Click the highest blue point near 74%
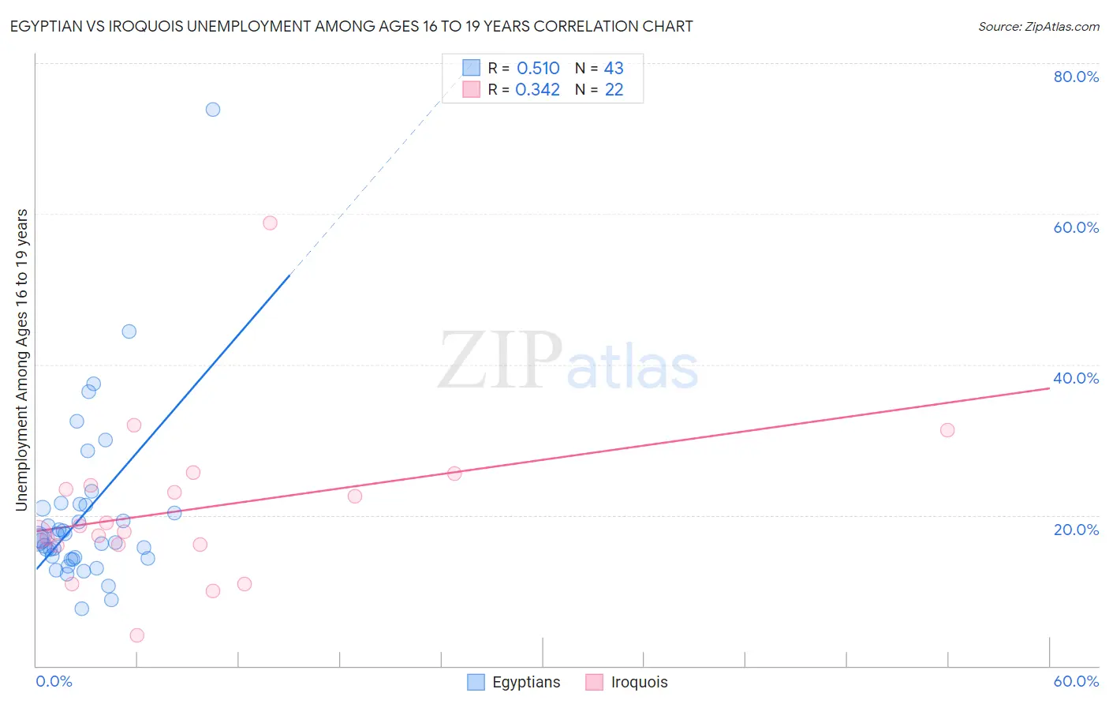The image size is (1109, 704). coord(213,110)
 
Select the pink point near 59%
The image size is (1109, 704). coord(270,223)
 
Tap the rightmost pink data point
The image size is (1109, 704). coord(947,430)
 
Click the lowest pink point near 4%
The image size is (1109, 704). coord(136,635)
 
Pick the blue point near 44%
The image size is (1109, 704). coord(129,331)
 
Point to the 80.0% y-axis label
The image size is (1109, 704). coord(1076,77)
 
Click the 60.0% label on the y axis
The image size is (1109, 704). coord(1076,227)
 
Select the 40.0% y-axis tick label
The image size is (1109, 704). coord(1076,378)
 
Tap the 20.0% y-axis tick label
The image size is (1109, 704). coord(1076,530)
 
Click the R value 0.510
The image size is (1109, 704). coord(538,69)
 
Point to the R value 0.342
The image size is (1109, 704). coord(537,90)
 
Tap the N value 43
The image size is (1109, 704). coord(614,69)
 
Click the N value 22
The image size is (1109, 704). coord(614,90)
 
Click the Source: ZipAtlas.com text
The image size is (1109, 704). coord(1038,27)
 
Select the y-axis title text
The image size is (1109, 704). coord(22,360)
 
